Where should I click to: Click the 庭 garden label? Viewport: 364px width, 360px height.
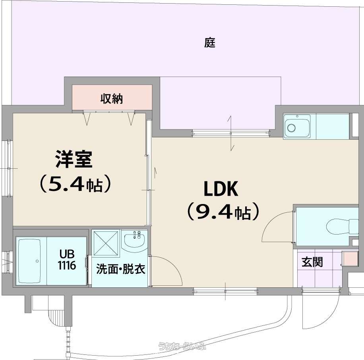[210, 42]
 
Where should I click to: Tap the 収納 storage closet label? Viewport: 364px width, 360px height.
[112, 99]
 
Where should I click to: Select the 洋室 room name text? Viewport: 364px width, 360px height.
[74, 159]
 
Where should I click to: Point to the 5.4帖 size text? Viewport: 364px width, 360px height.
[74, 184]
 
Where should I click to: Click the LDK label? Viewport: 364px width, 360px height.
[221, 189]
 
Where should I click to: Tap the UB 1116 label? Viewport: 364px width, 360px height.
[67, 260]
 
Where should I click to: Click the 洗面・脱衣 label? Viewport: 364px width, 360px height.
[121, 269]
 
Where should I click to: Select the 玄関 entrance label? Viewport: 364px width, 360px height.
[312, 262]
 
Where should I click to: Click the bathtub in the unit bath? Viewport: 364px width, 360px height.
[29, 261]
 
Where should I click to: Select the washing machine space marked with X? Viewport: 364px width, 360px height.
[106, 243]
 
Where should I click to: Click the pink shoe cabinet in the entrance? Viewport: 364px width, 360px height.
[350, 258]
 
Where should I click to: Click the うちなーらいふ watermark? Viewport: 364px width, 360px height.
[182, 347]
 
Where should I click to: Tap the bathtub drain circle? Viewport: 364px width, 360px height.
[37, 261]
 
